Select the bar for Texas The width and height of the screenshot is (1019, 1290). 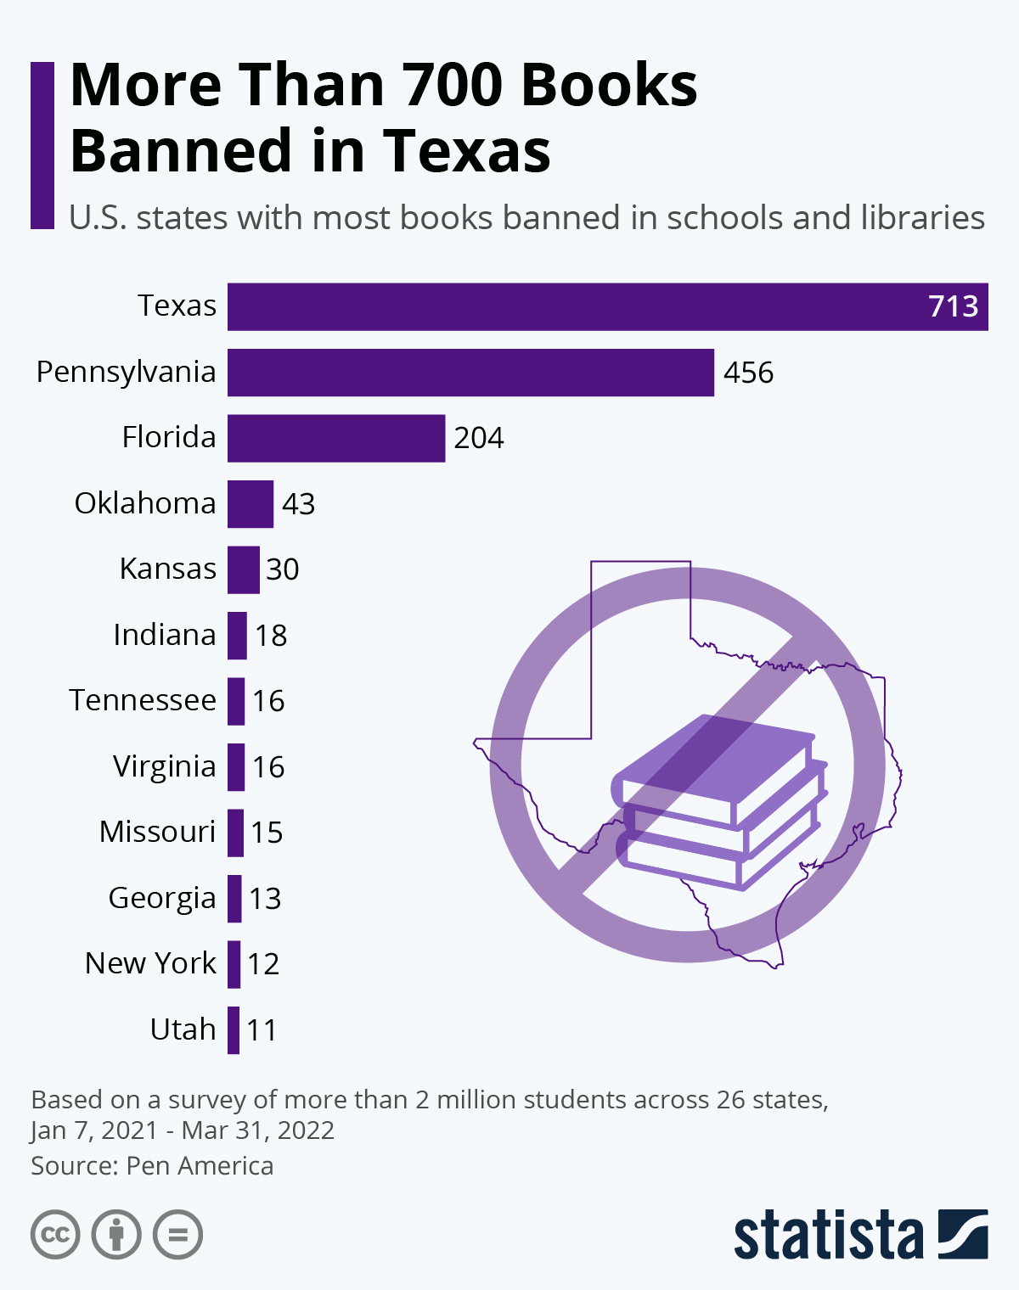(x=607, y=306)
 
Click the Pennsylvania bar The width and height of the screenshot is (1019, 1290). (x=470, y=373)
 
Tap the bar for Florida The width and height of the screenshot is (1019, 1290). (x=336, y=438)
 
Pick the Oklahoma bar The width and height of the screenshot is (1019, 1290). (x=251, y=504)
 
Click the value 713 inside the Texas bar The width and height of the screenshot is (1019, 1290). (x=953, y=306)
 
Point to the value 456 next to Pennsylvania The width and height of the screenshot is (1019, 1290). (x=748, y=373)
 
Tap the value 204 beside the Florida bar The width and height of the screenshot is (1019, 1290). (x=479, y=438)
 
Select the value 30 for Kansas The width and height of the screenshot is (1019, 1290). (x=282, y=569)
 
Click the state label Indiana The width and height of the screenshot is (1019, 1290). (x=165, y=635)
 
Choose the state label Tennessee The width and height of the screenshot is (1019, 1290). (x=143, y=700)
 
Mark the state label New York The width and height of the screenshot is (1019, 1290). (x=150, y=963)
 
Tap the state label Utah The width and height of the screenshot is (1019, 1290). (x=183, y=1029)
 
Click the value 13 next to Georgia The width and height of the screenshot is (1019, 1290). (x=265, y=898)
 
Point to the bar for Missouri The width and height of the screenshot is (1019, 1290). (x=235, y=833)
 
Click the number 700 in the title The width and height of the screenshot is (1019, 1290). (x=453, y=85)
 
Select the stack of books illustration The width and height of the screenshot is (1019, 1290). (x=718, y=802)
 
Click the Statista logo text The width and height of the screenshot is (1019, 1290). (x=828, y=1236)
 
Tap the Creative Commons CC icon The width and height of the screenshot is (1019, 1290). (x=55, y=1234)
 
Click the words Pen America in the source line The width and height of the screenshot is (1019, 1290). (x=200, y=1166)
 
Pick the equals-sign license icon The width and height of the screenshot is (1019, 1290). (x=178, y=1234)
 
